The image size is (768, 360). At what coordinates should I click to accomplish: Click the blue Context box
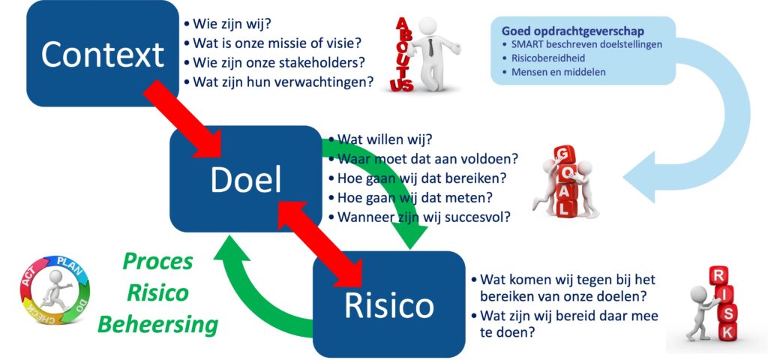point(102,53)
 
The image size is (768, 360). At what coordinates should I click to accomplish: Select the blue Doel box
point(246,178)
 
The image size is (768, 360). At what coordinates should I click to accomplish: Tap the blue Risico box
point(389,304)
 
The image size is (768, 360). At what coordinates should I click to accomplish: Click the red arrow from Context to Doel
point(184,119)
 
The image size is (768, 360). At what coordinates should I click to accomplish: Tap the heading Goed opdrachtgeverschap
point(572,31)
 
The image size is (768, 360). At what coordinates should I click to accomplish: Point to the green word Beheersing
point(157,325)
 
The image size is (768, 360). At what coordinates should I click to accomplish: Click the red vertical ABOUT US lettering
point(403,55)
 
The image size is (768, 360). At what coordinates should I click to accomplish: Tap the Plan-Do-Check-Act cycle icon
point(55,290)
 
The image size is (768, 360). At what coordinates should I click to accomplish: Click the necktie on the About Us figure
point(430,47)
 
